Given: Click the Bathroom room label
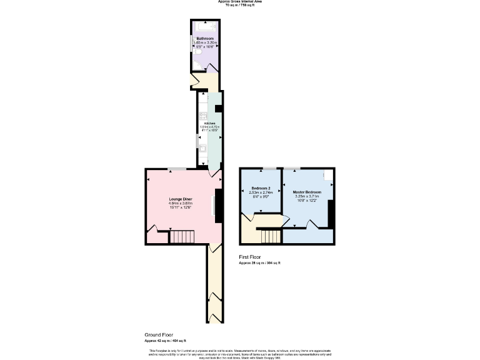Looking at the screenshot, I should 205,38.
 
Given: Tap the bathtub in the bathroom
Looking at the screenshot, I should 205,26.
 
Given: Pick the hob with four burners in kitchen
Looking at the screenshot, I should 202,116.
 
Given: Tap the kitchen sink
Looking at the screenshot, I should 202,147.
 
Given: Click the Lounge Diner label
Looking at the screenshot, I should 180,199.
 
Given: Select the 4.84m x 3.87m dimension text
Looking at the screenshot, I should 180,203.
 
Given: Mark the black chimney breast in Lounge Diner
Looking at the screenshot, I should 218,206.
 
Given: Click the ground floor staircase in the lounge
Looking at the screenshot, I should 183,237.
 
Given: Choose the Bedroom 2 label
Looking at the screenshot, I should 261,188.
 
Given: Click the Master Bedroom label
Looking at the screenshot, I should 307,192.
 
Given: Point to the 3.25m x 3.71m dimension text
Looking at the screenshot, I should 307,196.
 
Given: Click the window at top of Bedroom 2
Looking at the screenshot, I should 268,168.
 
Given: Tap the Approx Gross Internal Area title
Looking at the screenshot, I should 240,2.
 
